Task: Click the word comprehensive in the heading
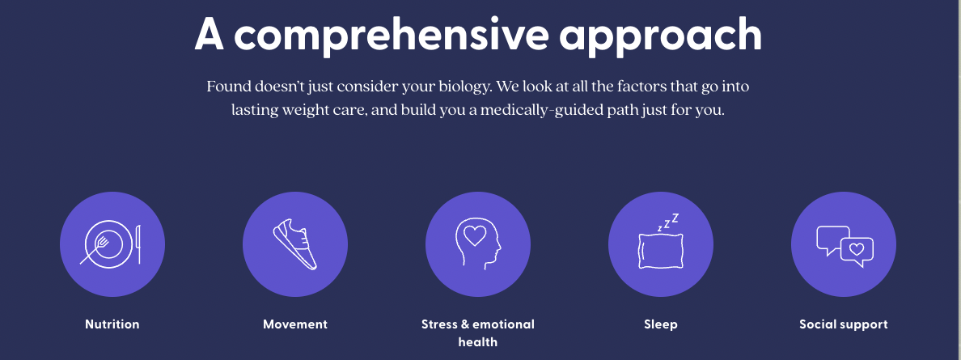399,34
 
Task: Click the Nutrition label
112,324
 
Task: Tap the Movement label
295,324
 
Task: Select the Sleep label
661,324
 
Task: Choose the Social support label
844,324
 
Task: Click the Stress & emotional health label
478,333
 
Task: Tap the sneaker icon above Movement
295,244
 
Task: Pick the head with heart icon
478,244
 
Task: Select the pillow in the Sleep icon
661,251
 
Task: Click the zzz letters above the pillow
668,222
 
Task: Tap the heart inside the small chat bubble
857,249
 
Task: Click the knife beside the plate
138,244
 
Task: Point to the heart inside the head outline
474,235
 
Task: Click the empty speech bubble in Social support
832,240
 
